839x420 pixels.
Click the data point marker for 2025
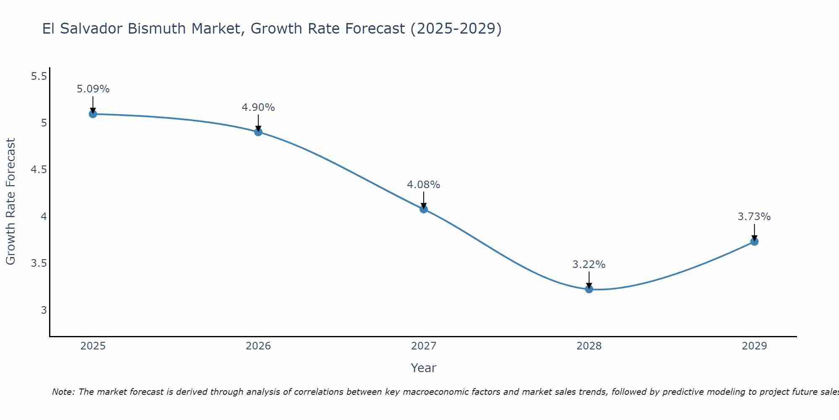(x=93, y=114)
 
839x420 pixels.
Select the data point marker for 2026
(x=258, y=132)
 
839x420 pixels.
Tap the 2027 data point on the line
(x=424, y=209)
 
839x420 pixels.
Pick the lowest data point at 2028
(x=589, y=289)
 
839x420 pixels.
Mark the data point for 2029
(x=754, y=241)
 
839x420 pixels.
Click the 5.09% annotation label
(x=93, y=89)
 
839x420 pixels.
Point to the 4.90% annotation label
(x=258, y=108)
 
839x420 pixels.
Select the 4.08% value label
(x=424, y=185)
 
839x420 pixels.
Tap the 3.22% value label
(x=589, y=265)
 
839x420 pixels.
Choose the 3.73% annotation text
(x=754, y=217)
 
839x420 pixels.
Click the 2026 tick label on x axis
(x=258, y=346)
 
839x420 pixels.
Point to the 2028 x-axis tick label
(x=589, y=346)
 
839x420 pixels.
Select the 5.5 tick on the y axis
(x=39, y=76)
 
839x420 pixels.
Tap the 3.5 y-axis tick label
(x=39, y=263)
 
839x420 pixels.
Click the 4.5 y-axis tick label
(x=39, y=170)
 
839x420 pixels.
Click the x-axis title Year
(x=424, y=368)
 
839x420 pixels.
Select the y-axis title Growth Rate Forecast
(x=10, y=202)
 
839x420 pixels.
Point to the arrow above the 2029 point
(x=754, y=232)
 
